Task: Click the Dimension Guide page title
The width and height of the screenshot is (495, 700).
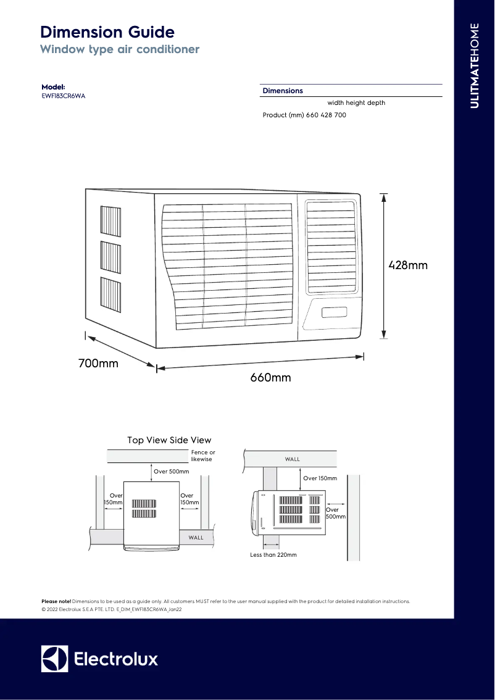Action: (107, 32)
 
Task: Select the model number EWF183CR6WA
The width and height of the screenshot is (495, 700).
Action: (63, 96)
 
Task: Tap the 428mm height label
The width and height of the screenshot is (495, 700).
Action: (408, 265)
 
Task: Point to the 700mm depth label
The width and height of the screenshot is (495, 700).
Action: (98, 364)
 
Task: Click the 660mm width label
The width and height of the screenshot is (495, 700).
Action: (270, 378)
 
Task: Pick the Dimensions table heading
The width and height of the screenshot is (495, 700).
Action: (283, 91)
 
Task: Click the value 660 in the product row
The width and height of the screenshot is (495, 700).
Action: (312, 115)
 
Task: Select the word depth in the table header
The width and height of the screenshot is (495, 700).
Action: (376, 103)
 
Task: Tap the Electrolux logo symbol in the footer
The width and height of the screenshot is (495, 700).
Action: (54, 659)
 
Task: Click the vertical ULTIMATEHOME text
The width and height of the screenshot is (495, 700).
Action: (474, 65)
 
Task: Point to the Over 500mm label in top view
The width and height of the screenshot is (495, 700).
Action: (171, 472)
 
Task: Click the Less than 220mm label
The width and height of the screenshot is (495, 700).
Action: (273, 555)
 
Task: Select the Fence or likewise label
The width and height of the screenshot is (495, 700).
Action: (203, 456)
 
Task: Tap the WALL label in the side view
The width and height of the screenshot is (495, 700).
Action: (293, 459)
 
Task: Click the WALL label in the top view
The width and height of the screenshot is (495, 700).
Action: (196, 538)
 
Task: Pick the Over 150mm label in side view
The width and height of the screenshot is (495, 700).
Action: (320, 478)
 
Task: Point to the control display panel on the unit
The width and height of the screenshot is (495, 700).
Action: (333, 312)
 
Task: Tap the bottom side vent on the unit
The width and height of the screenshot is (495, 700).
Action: (110, 293)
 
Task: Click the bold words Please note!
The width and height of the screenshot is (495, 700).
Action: (56, 601)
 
